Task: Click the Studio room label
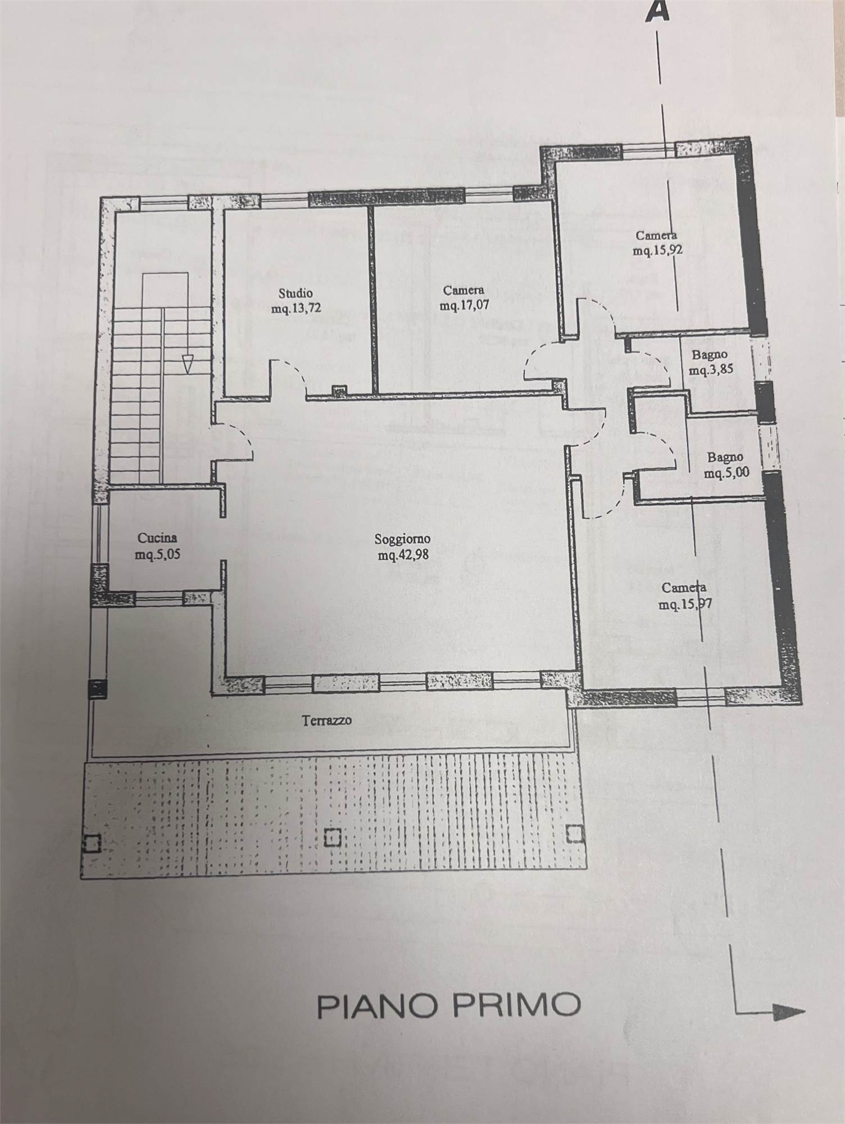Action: (x=296, y=293)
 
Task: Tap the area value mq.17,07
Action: (x=464, y=306)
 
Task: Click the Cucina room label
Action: (x=153, y=538)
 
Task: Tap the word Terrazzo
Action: (x=327, y=720)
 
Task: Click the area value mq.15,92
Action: (x=658, y=251)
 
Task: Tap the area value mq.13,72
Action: (x=296, y=309)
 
